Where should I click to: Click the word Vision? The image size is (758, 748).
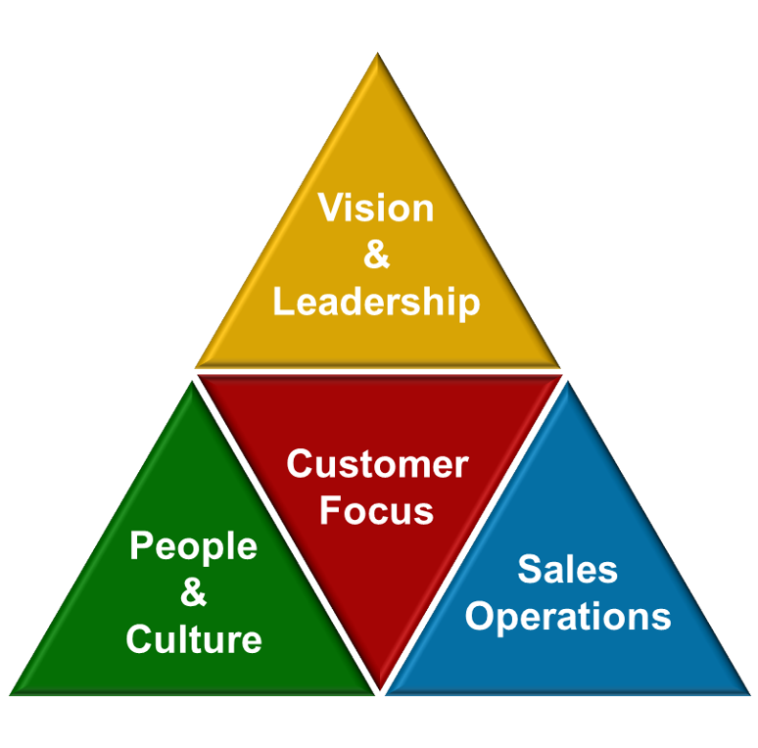tap(377, 209)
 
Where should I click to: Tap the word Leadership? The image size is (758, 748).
tap(377, 302)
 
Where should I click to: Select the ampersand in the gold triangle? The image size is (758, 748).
tap(377, 255)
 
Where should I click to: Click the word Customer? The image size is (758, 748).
tap(377, 464)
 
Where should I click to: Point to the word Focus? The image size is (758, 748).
tap(377, 510)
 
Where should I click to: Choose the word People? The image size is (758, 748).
tap(193, 546)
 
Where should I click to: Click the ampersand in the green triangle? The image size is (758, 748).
tap(193, 592)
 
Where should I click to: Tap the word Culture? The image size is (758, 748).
tap(193, 639)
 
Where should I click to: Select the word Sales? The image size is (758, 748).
tap(568, 569)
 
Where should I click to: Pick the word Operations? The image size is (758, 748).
tap(568, 617)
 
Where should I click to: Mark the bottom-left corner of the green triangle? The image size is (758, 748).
tap(12, 693)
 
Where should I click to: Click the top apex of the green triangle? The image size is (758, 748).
tap(188, 382)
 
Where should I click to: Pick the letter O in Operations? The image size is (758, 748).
tap(481, 617)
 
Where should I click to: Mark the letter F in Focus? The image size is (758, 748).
tap(331, 510)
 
